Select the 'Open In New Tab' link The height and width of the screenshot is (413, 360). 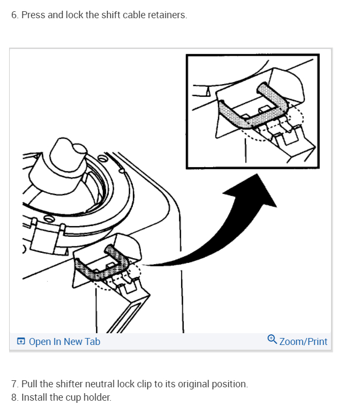coord(64,341)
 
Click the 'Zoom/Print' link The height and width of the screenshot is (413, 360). coord(303,341)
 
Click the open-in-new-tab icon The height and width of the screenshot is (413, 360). coord(21,341)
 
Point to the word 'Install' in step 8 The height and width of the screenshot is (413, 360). coord(35,398)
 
